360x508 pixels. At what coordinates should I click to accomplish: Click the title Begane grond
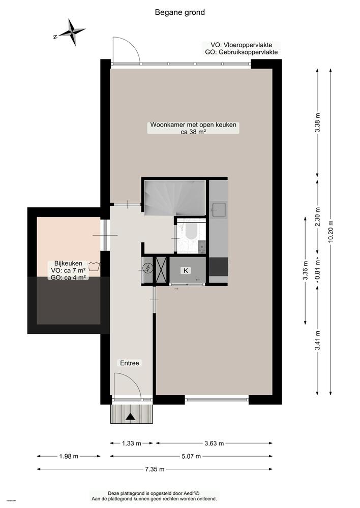180,12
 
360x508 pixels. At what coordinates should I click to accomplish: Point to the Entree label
130,363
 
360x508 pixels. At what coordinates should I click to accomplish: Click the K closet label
186,271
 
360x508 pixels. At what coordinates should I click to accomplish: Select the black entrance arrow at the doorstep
131,417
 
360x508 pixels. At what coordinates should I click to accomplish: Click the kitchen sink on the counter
219,209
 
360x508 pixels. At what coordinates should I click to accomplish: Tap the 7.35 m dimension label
155,469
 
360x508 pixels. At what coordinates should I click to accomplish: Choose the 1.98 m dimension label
69,456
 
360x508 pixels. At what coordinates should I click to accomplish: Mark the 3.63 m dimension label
214,443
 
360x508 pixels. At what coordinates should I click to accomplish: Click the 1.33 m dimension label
132,443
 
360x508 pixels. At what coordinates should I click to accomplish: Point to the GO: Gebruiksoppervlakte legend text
241,52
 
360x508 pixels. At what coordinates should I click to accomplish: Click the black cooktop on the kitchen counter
219,266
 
